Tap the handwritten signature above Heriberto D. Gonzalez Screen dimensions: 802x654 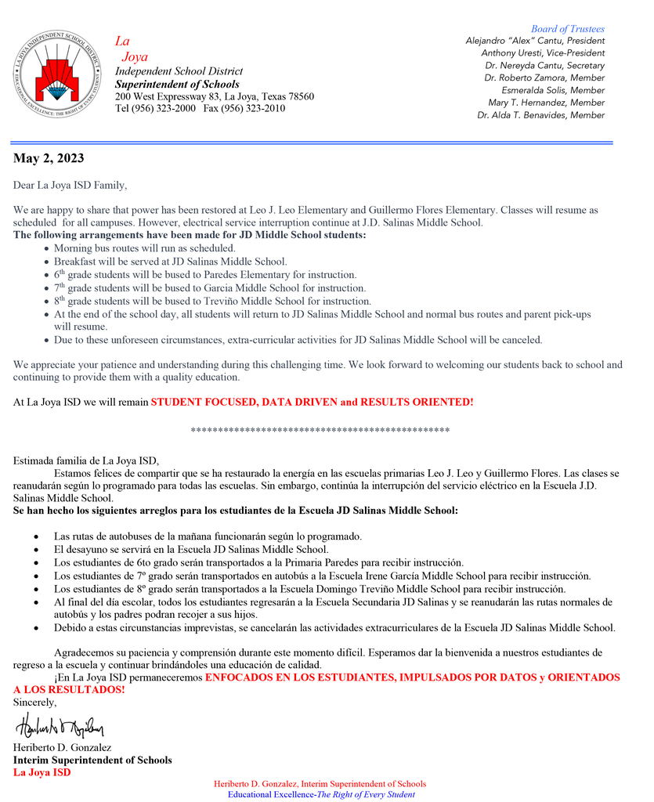click(59, 726)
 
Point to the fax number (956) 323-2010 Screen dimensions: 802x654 click(255, 108)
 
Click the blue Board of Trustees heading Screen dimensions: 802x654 click(567, 29)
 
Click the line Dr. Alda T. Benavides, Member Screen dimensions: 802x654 click(540, 115)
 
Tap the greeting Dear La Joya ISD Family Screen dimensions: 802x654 click(70, 186)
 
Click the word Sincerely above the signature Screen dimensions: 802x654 click(34, 702)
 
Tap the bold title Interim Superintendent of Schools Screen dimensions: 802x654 click(92, 760)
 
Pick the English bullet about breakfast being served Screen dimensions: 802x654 click(170, 262)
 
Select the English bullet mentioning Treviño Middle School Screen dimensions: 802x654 click(212, 302)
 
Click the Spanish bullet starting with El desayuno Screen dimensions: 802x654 click(191, 550)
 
